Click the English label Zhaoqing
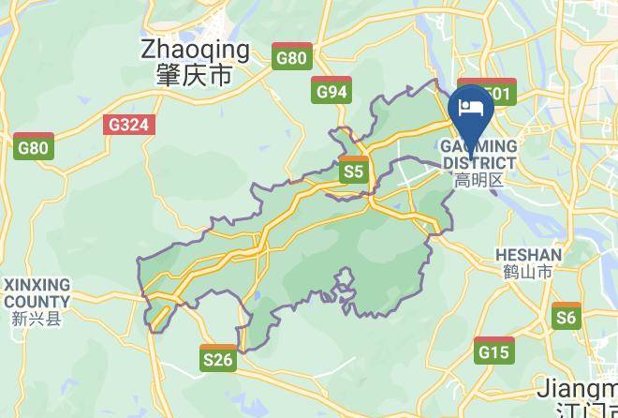point(195,50)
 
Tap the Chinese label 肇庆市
point(195,75)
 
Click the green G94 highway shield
point(331,90)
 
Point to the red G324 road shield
point(129,124)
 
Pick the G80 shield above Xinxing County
point(34,146)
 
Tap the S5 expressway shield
point(352,171)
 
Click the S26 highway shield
point(217,358)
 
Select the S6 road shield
point(566,317)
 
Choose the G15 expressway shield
point(493,351)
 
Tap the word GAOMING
point(478,147)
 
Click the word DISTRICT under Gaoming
point(478,163)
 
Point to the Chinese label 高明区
point(478,179)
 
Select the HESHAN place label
point(528,255)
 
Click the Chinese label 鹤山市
point(528,272)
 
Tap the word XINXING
point(37,284)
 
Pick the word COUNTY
point(37,301)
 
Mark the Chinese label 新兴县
point(37,319)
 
